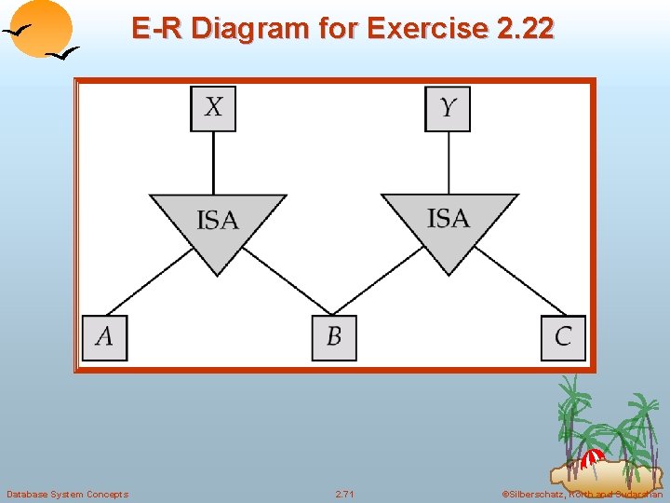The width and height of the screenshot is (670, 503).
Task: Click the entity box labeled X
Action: (x=213, y=108)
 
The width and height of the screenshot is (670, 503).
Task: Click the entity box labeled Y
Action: (x=448, y=108)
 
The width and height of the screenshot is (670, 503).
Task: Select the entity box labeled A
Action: (x=104, y=337)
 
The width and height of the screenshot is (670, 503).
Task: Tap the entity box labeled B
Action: (x=334, y=337)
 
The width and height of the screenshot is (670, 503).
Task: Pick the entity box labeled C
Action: (x=563, y=337)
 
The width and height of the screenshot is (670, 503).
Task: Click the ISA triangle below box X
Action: (x=218, y=224)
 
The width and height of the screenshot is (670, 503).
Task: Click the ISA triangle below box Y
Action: (x=449, y=222)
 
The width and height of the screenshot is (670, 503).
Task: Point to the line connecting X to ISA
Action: (x=214, y=163)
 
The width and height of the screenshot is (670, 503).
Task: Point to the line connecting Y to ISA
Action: (x=449, y=163)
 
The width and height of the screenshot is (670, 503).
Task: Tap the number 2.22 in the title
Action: (x=525, y=29)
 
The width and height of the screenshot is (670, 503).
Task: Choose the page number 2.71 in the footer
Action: (x=344, y=494)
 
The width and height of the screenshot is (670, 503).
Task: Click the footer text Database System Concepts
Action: (x=67, y=494)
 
